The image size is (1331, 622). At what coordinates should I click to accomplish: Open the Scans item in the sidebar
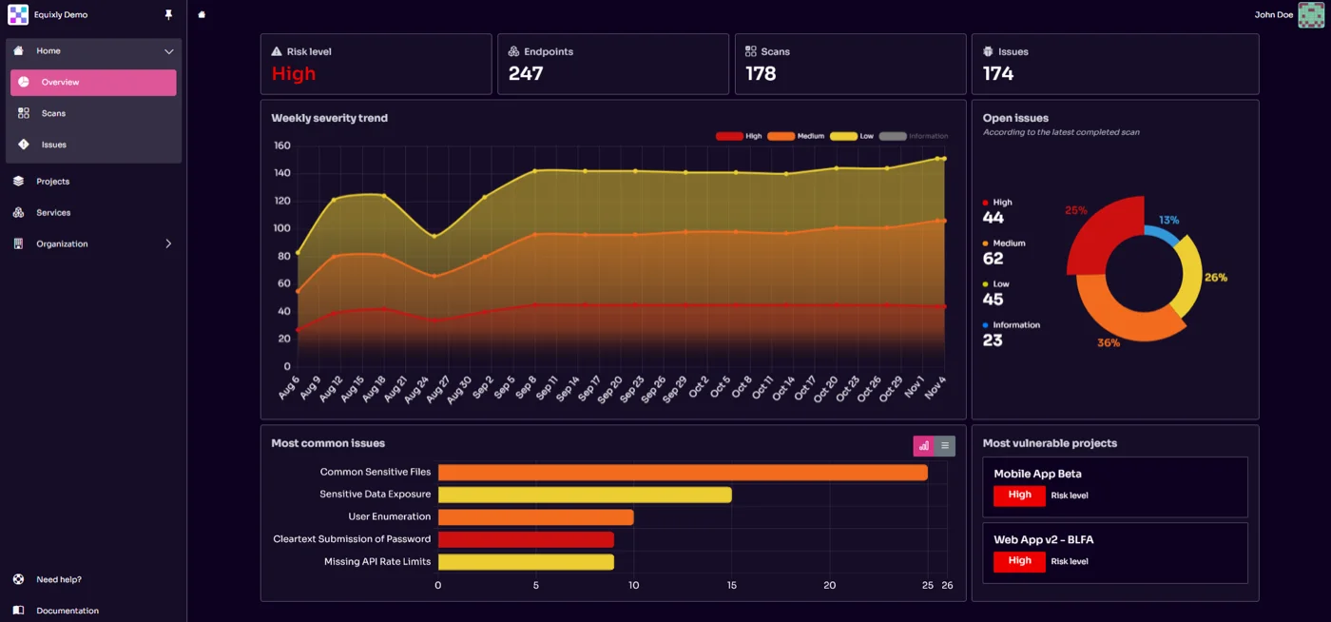pyautogui.click(x=53, y=113)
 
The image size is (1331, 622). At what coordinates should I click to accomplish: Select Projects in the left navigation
pyautogui.click(x=52, y=182)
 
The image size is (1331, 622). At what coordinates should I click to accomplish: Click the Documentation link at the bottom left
pyautogui.click(x=67, y=611)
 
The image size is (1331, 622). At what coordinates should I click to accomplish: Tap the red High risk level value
pyautogui.click(x=293, y=74)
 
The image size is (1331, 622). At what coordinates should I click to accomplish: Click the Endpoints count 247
pyautogui.click(x=526, y=74)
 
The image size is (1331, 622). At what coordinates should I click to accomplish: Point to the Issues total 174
pyautogui.click(x=998, y=74)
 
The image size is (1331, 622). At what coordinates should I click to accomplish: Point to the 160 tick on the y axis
pyautogui.click(x=281, y=146)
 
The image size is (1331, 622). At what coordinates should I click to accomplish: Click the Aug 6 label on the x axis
pyautogui.click(x=290, y=386)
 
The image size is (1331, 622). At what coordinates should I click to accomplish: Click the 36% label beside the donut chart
pyautogui.click(x=1109, y=342)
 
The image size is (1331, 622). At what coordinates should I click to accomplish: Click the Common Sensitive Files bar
pyautogui.click(x=682, y=473)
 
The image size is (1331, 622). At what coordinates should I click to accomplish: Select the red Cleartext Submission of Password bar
pyautogui.click(x=526, y=540)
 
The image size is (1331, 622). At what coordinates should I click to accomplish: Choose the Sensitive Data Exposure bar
pyautogui.click(x=585, y=495)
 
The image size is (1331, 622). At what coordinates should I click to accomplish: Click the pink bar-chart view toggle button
pyautogui.click(x=923, y=446)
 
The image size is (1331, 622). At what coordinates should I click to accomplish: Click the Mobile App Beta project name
pyautogui.click(x=1037, y=474)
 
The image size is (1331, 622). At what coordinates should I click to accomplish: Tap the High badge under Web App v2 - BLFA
pyautogui.click(x=1019, y=561)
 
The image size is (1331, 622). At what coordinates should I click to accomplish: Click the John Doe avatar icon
pyautogui.click(x=1311, y=14)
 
